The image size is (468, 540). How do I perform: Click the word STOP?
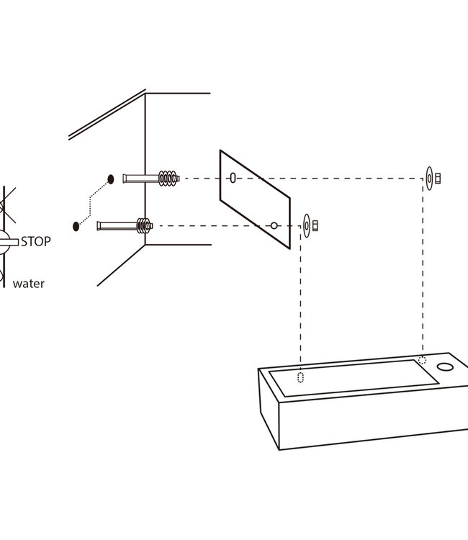pyautogui.click(x=36, y=241)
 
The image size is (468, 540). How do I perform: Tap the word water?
pyautogui.click(x=29, y=284)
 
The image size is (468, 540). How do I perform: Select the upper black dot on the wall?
pyautogui.click(x=111, y=178)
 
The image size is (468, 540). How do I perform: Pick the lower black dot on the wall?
pyautogui.click(x=76, y=225)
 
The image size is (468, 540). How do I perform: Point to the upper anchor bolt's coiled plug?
pyautogui.click(x=168, y=178)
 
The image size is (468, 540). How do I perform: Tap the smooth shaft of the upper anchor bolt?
pyautogui.click(x=137, y=178)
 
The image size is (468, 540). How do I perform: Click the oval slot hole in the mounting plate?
pyautogui.click(x=233, y=178)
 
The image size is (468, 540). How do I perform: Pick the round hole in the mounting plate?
pyautogui.click(x=274, y=225)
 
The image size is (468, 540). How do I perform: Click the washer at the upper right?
pyautogui.click(x=429, y=178)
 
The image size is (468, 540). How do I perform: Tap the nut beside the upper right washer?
pyautogui.click(x=437, y=178)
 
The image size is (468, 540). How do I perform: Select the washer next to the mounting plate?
pyautogui.click(x=307, y=225)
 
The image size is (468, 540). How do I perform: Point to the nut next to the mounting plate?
pyautogui.click(x=315, y=225)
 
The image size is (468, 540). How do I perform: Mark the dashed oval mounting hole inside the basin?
pyautogui.click(x=301, y=377)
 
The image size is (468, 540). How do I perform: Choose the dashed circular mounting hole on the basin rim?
pyautogui.click(x=423, y=360)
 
